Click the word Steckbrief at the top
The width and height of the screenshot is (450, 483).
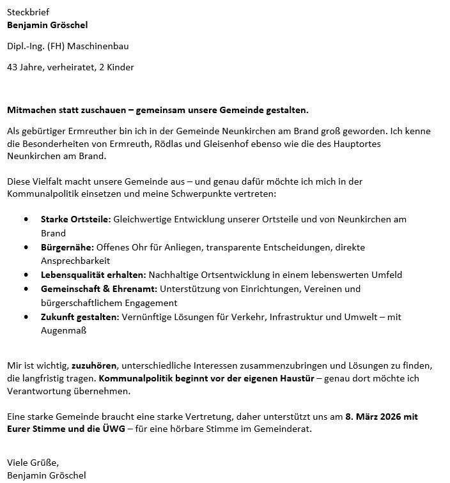(27, 12)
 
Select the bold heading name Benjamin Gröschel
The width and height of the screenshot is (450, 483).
(47, 25)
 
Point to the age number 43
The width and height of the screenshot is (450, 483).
(13, 67)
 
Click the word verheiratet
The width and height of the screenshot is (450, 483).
(69, 67)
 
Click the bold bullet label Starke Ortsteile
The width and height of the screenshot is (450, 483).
(75, 219)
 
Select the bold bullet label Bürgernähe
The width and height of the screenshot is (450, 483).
(67, 247)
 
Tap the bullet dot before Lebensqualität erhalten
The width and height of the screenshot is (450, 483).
(26, 275)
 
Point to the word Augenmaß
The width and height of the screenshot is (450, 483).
(63, 330)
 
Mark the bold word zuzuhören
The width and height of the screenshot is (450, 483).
(94, 365)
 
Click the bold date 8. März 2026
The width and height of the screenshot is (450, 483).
(382, 416)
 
